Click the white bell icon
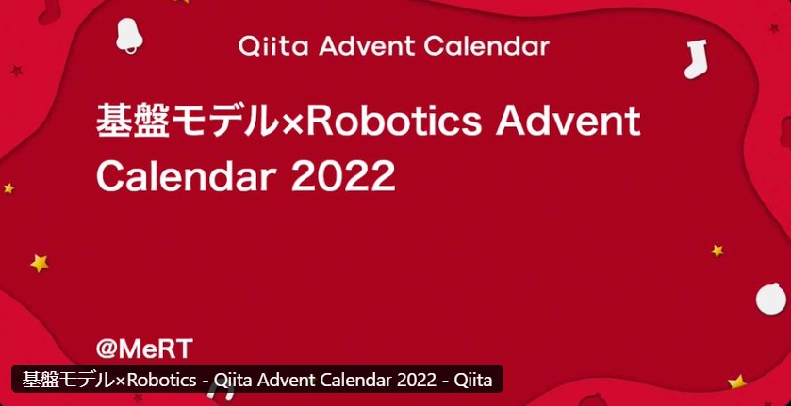[x=128, y=35]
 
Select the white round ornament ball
[x=771, y=299]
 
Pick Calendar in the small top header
[x=486, y=47]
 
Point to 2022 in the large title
[x=343, y=175]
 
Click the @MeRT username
[x=144, y=349]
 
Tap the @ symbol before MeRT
[x=107, y=349]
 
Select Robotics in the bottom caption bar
[x=161, y=380]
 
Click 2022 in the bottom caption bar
[x=418, y=380]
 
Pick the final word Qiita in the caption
[x=473, y=380]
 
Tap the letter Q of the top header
[x=249, y=47]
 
